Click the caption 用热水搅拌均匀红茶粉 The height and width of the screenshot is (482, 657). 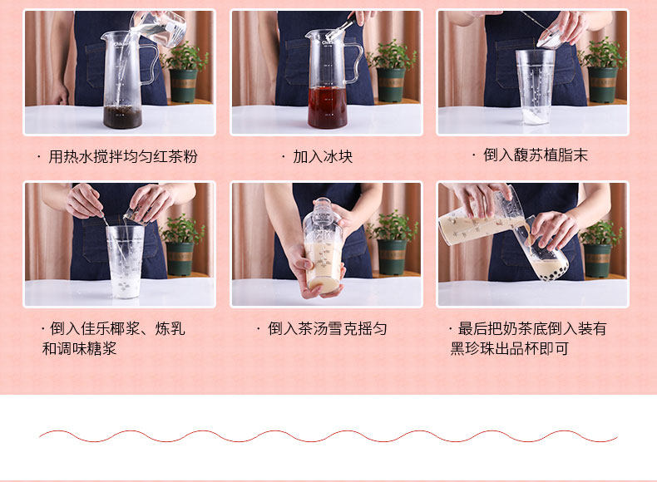pyautogui.click(x=123, y=156)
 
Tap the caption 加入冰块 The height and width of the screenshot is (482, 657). pyautogui.click(x=323, y=156)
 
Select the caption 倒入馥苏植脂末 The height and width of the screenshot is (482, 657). pyautogui.click(x=536, y=155)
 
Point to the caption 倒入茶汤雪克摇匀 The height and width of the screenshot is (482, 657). pyautogui.click(x=327, y=329)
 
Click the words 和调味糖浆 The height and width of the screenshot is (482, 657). pyautogui.click(x=79, y=348)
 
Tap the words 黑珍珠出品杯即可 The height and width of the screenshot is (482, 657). pyautogui.click(x=509, y=348)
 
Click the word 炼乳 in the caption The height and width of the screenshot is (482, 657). pyautogui.click(x=170, y=329)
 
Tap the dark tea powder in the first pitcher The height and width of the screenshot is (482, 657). pyautogui.click(x=122, y=117)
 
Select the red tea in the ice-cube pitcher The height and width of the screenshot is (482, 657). pyautogui.click(x=327, y=107)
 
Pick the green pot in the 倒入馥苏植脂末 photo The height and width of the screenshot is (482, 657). pyautogui.click(x=602, y=85)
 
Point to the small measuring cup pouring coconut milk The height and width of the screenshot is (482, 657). pyautogui.click(x=135, y=215)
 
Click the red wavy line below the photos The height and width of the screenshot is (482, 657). pyautogui.click(x=328, y=436)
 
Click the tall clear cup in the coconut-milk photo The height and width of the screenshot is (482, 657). pyautogui.click(x=126, y=261)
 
